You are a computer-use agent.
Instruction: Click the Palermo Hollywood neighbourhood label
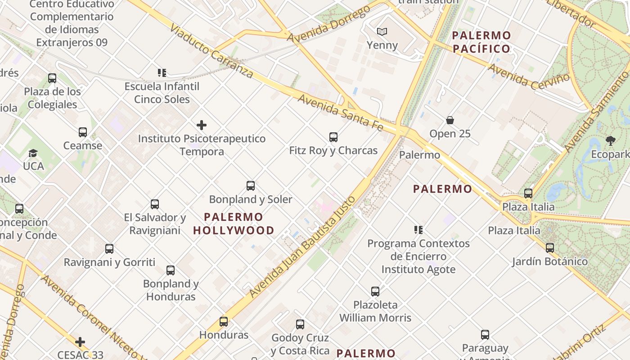tap(234, 224)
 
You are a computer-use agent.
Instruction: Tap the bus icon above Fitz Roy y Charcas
tap(333, 137)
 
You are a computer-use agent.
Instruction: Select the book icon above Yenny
tap(382, 31)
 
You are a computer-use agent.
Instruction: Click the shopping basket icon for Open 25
tap(450, 120)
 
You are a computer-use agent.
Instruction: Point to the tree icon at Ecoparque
tap(611, 141)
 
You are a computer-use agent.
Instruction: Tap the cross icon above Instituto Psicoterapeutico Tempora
tap(202, 125)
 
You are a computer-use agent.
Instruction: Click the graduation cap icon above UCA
tap(33, 153)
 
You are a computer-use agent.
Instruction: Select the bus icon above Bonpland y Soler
tap(251, 185)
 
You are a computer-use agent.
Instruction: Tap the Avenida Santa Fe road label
tap(340, 112)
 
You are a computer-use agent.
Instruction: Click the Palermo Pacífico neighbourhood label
tap(481, 42)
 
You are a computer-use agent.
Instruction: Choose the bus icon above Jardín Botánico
tap(549, 247)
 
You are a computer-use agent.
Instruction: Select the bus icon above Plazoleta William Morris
tap(375, 291)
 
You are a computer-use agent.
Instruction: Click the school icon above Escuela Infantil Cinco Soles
tap(162, 72)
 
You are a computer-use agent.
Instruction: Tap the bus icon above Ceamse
tap(83, 132)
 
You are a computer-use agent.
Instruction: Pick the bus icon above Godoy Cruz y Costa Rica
tap(300, 324)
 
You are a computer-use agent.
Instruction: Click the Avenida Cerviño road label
tap(528, 76)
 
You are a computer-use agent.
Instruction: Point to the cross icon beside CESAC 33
tap(80, 342)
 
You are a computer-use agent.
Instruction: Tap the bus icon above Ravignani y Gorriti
tap(109, 248)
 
